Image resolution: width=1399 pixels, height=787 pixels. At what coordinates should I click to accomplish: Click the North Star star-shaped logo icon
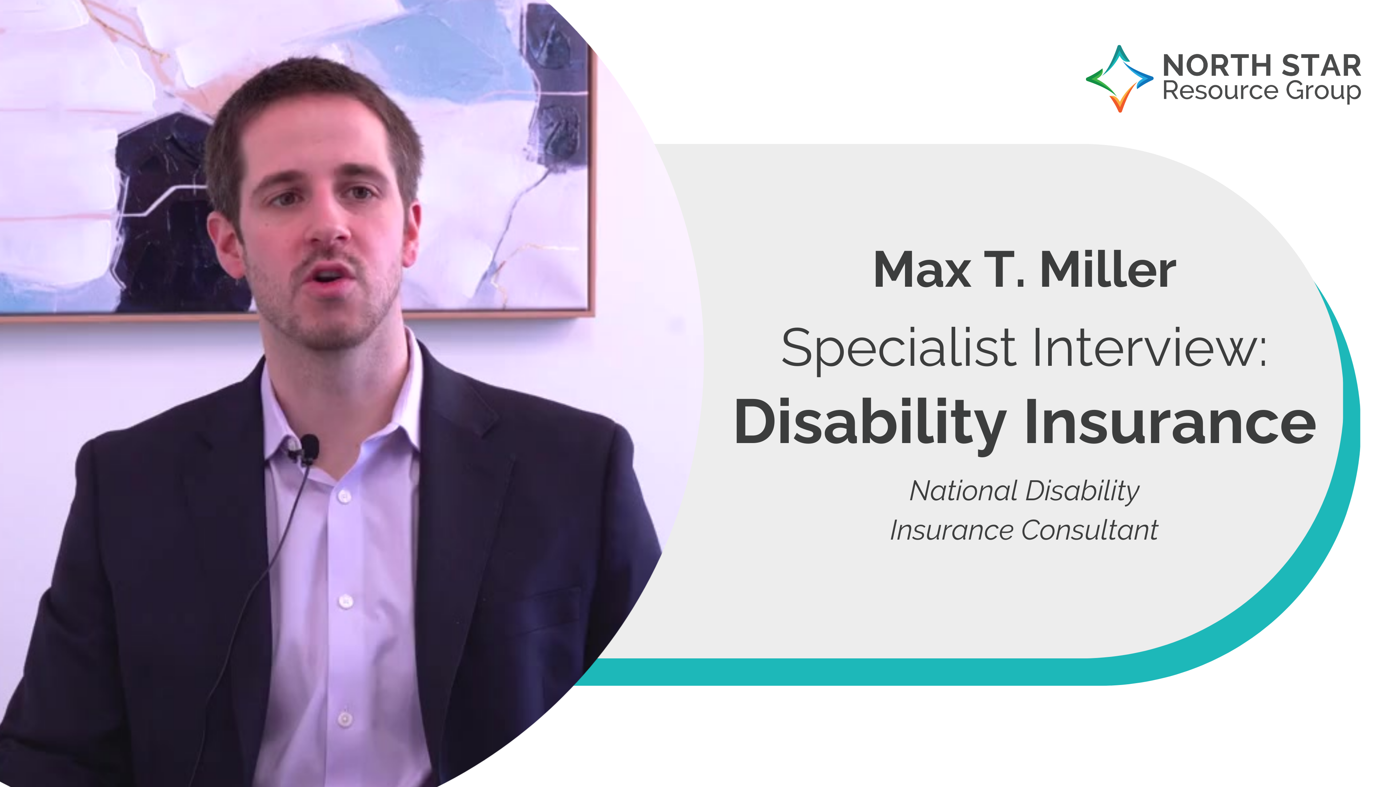1119,79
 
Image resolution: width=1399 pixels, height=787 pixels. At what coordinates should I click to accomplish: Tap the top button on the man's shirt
344,496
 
